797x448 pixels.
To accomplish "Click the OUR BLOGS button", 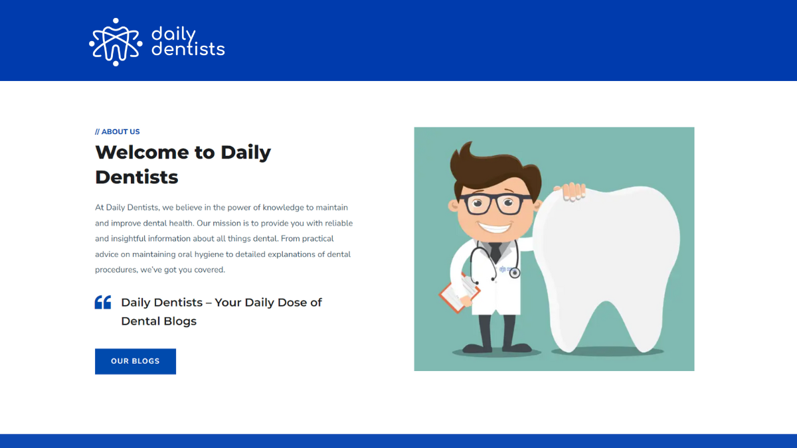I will click(135, 361).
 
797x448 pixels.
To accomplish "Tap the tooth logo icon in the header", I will click(116, 42).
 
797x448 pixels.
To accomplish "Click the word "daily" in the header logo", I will click(173, 34).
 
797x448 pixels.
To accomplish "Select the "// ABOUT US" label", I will click(118, 131).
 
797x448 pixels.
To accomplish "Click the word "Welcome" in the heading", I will click(141, 152).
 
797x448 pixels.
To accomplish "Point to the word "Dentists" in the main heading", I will click(137, 177).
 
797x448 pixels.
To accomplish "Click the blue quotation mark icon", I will click(103, 303).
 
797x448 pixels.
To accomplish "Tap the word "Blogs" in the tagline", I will click(180, 321).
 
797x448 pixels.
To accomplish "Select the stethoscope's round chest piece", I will click(514, 273).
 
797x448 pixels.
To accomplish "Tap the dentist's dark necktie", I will click(495, 252).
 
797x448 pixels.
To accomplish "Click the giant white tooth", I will click(608, 265).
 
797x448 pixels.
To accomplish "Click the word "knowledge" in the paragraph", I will click(284, 207).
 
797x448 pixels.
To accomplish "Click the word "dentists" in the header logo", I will click(188, 49).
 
